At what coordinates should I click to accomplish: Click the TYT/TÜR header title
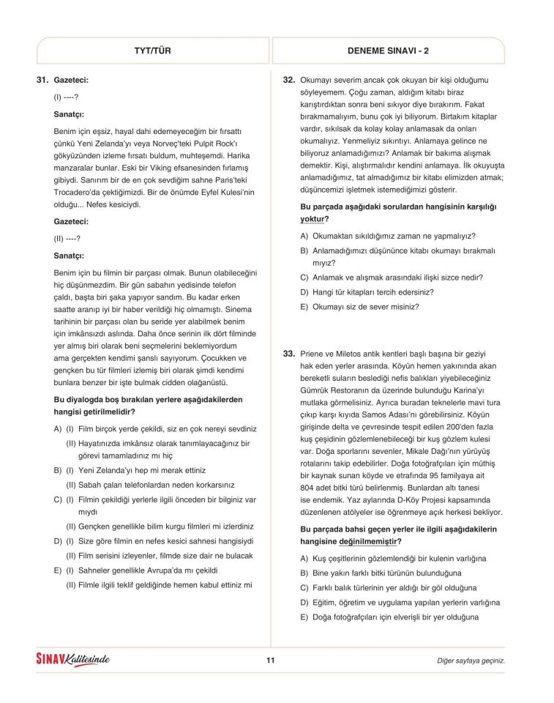154,51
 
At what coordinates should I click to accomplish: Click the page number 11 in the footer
270,661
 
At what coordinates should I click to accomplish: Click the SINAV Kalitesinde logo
73,660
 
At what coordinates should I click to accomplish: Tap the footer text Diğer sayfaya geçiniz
471,661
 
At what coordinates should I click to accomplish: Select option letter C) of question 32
304,278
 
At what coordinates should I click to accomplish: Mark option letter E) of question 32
304,306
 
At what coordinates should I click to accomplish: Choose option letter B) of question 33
304,573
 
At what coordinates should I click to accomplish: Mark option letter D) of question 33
304,602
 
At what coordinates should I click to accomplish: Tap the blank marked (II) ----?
67,238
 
